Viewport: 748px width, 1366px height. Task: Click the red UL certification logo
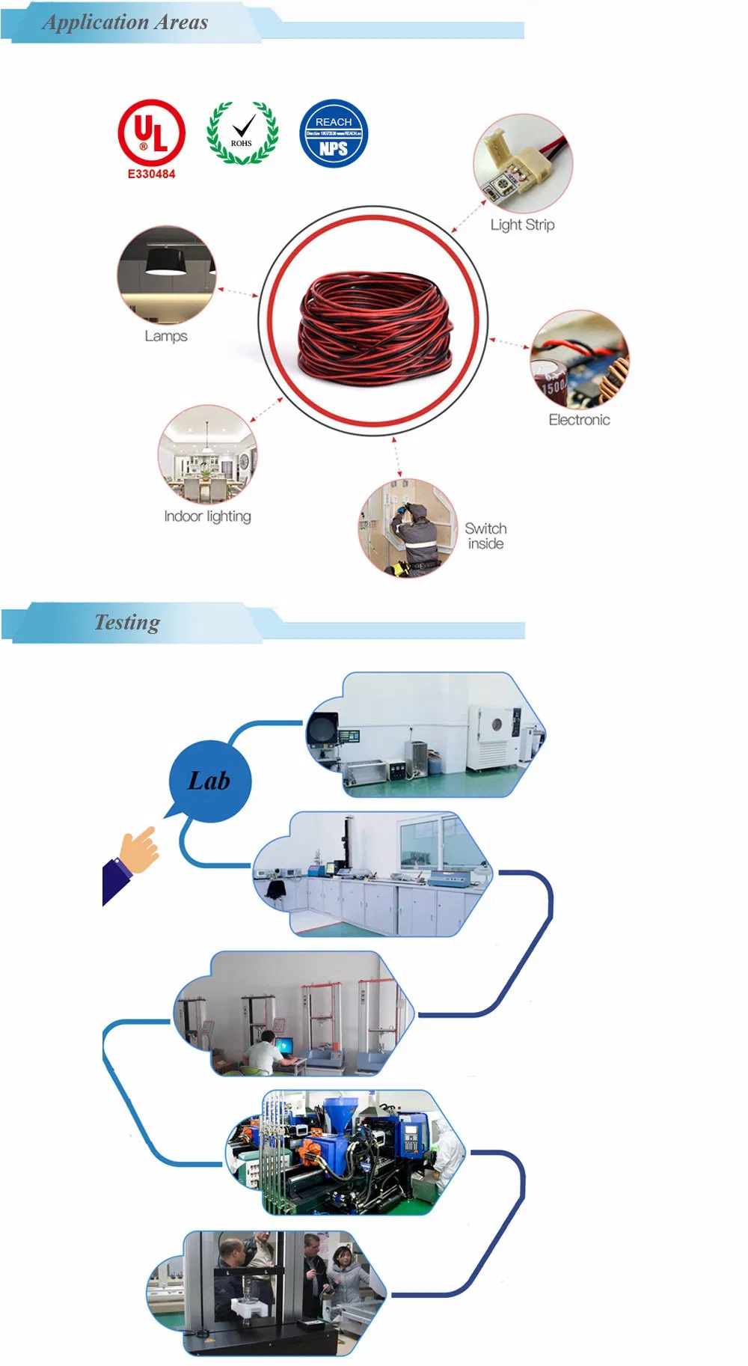(x=151, y=132)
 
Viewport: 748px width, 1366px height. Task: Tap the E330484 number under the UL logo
(x=151, y=174)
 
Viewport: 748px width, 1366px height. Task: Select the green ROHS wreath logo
(x=242, y=133)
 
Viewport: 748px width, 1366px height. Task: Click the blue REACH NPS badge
(x=334, y=133)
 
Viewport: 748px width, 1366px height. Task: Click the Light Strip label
(x=522, y=225)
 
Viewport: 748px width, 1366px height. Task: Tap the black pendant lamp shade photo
(x=165, y=261)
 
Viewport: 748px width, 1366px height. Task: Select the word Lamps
(x=165, y=336)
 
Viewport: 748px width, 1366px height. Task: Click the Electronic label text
(x=579, y=420)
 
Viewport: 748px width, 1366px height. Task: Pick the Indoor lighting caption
(x=207, y=516)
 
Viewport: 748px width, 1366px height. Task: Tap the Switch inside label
(x=485, y=536)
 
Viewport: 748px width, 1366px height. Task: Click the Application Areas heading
(x=126, y=22)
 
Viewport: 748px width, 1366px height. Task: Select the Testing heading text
(x=127, y=622)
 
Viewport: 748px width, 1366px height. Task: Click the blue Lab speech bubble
(x=209, y=781)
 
